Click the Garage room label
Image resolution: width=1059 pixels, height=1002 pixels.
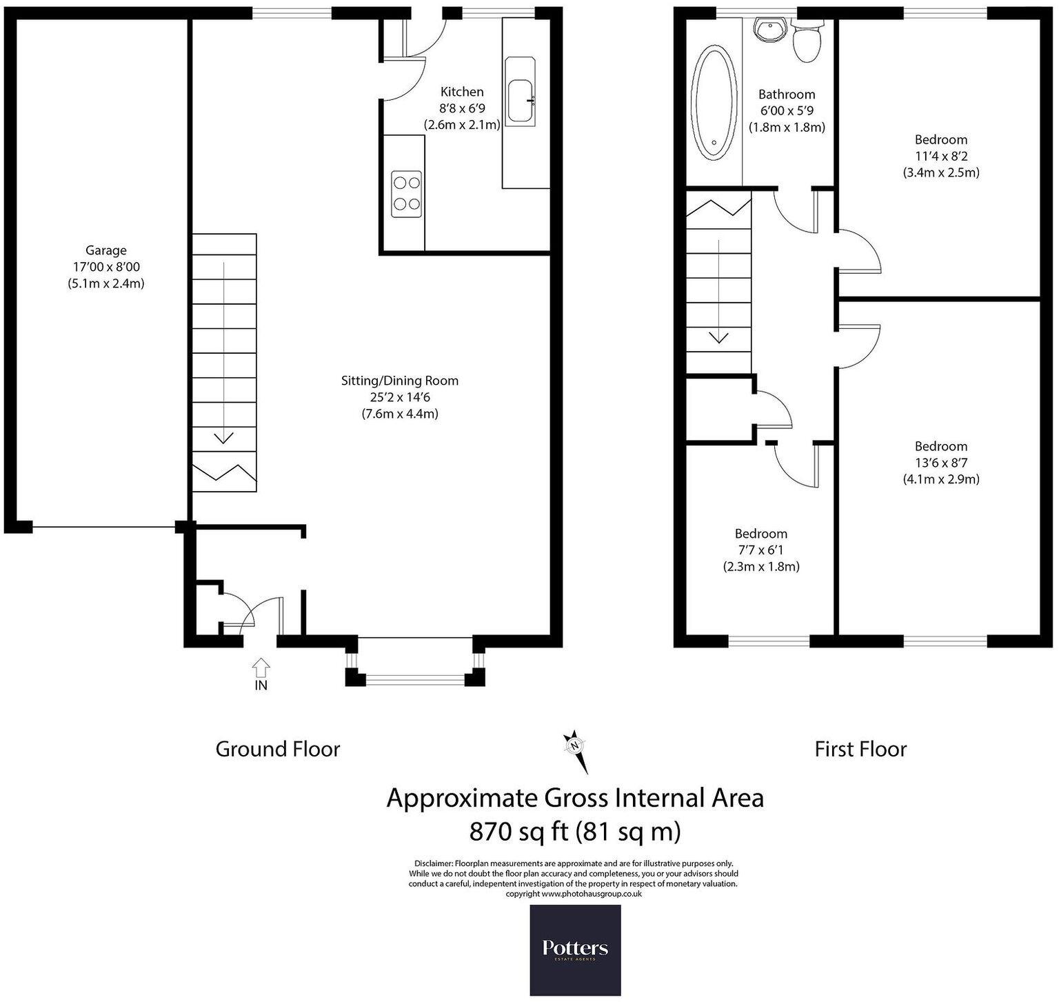coord(105,250)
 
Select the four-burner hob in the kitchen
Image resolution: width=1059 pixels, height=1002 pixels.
coord(406,194)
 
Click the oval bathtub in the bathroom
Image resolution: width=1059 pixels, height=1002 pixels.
coord(713,103)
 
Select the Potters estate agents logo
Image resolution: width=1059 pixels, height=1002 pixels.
coord(575,950)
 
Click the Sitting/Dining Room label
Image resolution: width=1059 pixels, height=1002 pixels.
coord(400,381)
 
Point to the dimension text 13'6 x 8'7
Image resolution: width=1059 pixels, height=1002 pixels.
coord(941,463)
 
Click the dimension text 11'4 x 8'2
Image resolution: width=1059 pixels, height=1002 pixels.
coord(941,156)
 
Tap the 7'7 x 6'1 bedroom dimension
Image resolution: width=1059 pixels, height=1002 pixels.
coord(760,550)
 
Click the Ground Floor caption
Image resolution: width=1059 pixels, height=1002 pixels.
coord(278,750)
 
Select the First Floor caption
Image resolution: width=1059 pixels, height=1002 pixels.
coord(860,750)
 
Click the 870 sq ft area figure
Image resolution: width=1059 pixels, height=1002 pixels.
coord(518,832)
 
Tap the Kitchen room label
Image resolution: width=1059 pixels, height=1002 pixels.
coord(462,92)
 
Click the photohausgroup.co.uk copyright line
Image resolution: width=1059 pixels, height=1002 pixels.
coord(574,893)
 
